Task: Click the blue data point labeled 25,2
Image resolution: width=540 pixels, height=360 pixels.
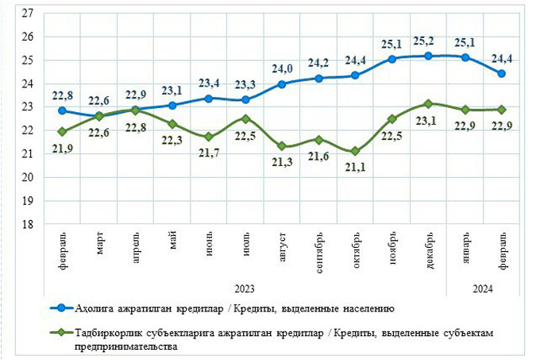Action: tap(428, 56)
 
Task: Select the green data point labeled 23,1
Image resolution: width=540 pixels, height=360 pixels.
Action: tap(428, 103)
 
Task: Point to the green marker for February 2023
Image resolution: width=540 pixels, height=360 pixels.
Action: tap(62, 131)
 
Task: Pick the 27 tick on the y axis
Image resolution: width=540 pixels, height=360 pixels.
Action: tap(27, 14)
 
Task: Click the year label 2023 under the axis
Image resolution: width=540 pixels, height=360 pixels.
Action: tap(245, 287)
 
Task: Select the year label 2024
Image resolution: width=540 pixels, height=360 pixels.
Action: tap(482, 287)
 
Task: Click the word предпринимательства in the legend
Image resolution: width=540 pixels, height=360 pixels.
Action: tap(125, 346)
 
